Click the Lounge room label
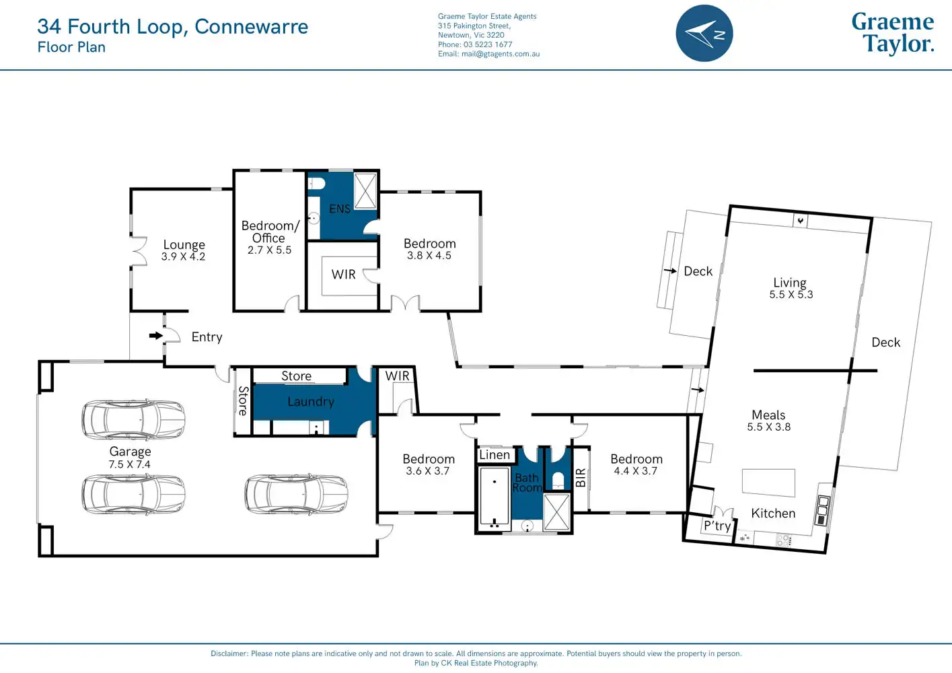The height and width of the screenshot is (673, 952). click(x=184, y=244)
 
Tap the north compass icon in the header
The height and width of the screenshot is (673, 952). click(x=704, y=33)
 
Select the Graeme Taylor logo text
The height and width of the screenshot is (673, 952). click(x=893, y=33)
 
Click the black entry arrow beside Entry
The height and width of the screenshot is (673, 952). click(x=156, y=336)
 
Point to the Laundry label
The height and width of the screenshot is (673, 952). click(x=311, y=402)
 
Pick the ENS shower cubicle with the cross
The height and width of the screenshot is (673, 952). click(x=365, y=191)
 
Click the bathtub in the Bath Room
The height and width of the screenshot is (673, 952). click(x=495, y=496)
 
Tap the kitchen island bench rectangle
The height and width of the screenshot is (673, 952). click(x=768, y=483)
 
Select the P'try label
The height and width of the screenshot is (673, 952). click(x=717, y=526)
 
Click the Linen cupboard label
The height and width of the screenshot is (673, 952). click(x=495, y=455)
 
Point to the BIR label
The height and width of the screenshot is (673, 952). click(x=581, y=477)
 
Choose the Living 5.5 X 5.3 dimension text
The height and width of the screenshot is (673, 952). click(x=791, y=294)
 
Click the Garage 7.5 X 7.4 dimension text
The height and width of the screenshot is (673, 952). click(x=130, y=464)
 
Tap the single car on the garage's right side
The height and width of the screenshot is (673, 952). click(x=296, y=493)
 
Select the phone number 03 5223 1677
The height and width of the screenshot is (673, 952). click(x=488, y=44)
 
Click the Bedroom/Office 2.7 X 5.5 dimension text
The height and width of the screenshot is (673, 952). click(x=269, y=250)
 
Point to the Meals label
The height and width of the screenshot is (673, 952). click(x=768, y=415)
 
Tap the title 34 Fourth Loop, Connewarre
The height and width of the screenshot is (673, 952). click(x=172, y=26)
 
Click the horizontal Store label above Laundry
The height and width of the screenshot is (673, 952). click(x=296, y=376)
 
